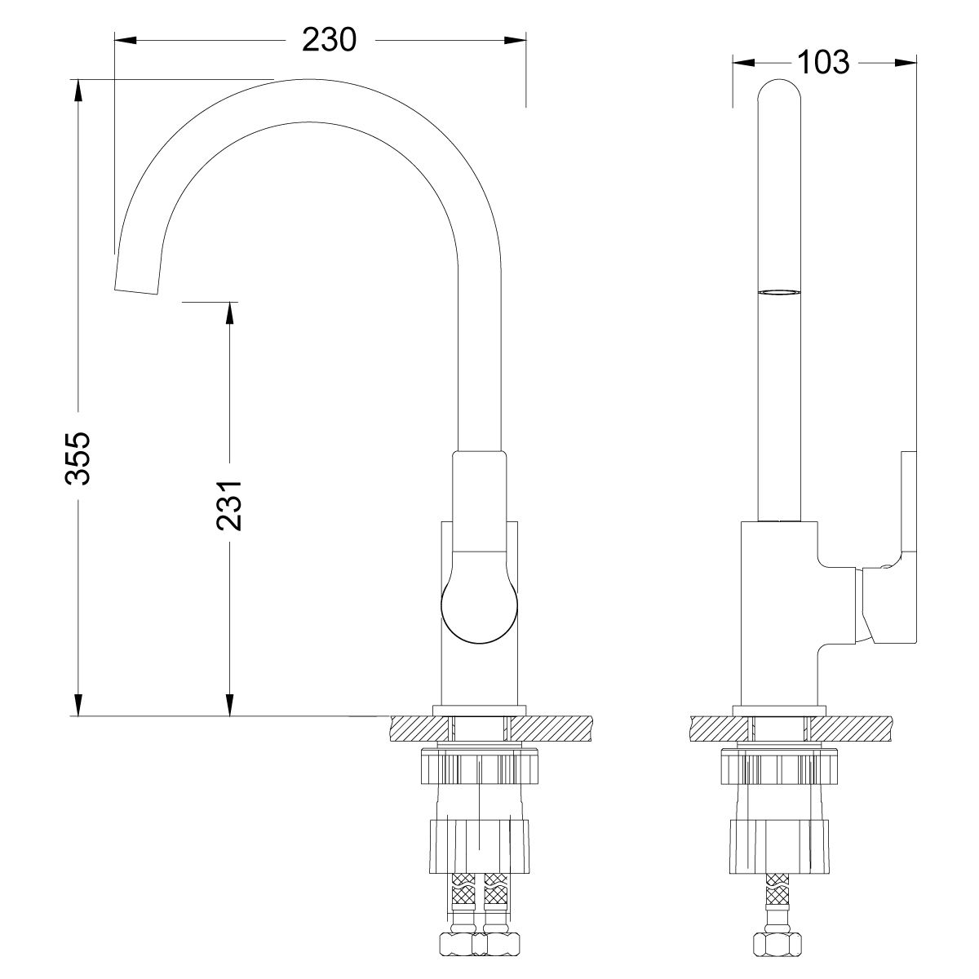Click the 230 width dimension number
pos(330,39)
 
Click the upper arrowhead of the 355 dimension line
pos(78,90)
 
